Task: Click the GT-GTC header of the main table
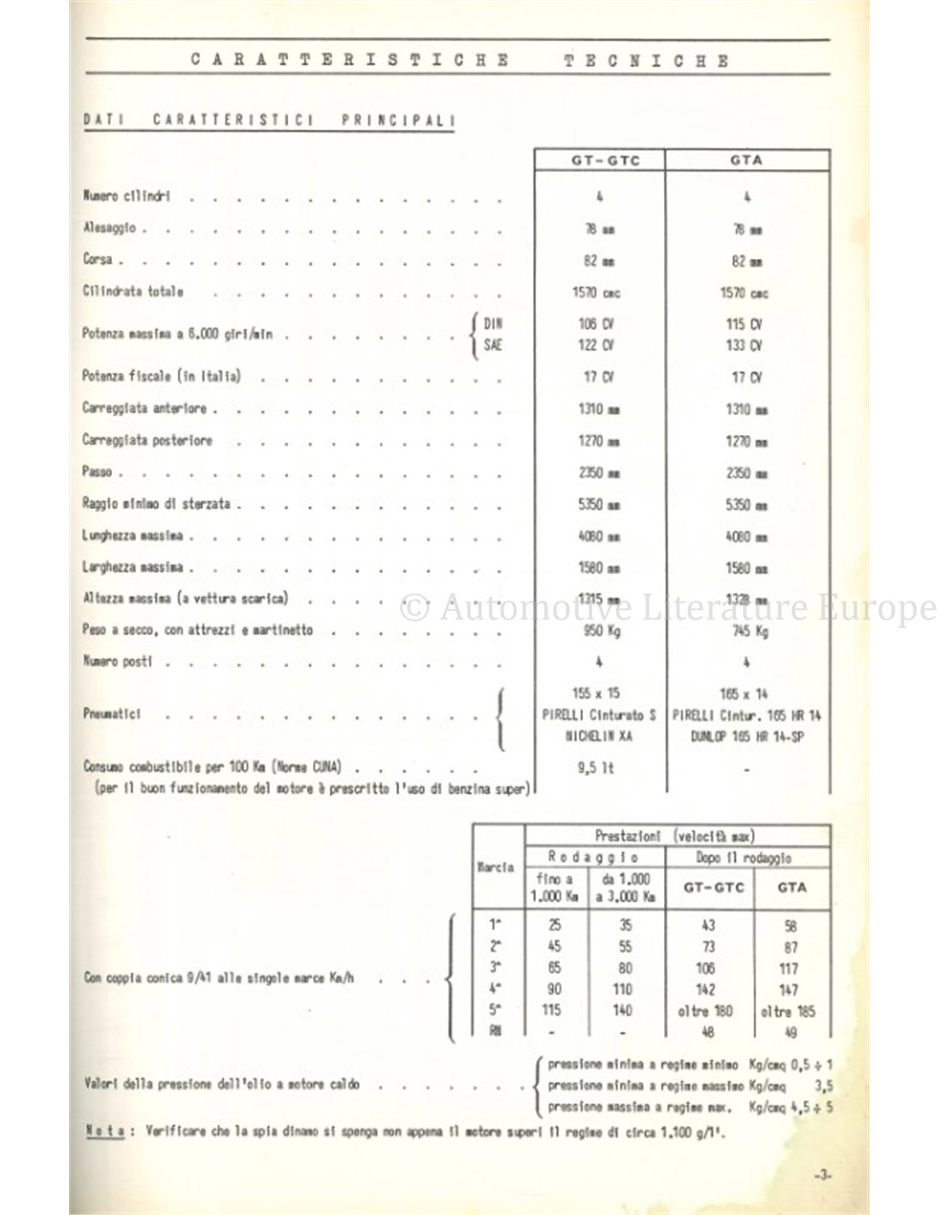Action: pos(599,160)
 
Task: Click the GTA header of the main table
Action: pos(747,160)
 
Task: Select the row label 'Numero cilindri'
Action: pos(126,197)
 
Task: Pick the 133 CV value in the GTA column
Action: pos(747,345)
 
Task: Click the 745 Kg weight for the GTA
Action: pos(747,631)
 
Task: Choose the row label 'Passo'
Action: pos(97,472)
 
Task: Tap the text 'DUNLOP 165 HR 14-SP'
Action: pos(747,737)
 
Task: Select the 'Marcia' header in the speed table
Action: pos(496,866)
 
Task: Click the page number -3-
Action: pos(823,1176)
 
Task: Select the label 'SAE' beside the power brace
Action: pos(493,345)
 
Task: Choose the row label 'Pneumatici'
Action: pos(112,713)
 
